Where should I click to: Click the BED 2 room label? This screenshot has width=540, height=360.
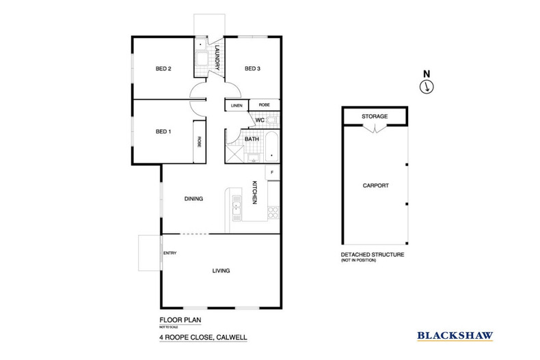[x=163, y=68]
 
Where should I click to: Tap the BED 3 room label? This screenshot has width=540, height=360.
[x=253, y=68]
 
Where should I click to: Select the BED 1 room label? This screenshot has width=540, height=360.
[x=163, y=131]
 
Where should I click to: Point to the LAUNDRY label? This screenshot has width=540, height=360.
[x=217, y=57]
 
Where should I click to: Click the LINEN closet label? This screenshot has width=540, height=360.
[x=237, y=106]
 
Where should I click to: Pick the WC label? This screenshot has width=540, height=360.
[x=260, y=121]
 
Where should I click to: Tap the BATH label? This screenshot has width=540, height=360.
[x=252, y=139]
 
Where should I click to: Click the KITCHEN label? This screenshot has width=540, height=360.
[x=254, y=193]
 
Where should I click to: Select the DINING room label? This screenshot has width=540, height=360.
[x=195, y=199]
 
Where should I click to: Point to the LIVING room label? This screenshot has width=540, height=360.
[x=220, y=271]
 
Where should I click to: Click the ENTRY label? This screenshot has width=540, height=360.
[x=170, y=254]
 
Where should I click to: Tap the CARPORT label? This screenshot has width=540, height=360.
[x=375, y=185]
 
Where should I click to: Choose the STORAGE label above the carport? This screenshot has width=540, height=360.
[x=375, y=117]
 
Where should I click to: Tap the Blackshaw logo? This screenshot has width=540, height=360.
[x=455, y=335]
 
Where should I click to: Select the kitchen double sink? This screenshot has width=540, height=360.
[x=237, y=206]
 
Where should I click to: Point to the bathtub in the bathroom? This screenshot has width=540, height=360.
[x=270, y=147]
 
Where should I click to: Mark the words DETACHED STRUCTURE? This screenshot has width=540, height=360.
[x=373, y=255]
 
